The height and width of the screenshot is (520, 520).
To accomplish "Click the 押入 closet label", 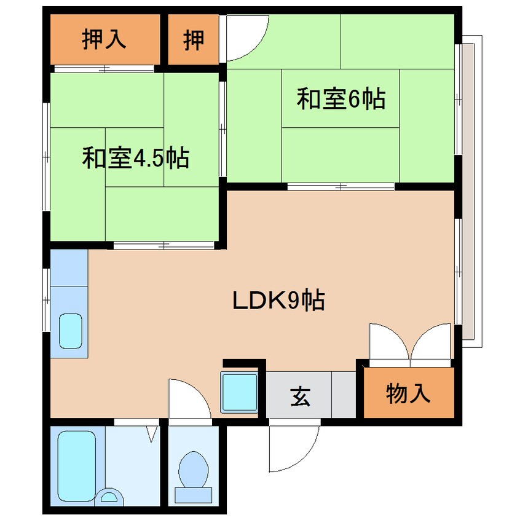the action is click(x=104, y=39).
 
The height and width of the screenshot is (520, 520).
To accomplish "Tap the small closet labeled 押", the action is click(x=194, y=39).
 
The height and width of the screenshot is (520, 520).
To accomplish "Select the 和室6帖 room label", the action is click(x=341, y=98).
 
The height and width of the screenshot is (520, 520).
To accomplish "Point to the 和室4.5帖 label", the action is click(x=136, y=157).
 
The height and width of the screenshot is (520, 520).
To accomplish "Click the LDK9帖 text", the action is click(x=278, y=300).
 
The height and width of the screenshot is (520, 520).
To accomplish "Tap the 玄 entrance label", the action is click(x=300, y=396).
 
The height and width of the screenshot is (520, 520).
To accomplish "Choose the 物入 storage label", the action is click(x=408, y=393).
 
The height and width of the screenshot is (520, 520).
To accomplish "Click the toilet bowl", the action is click(x=194, y=477).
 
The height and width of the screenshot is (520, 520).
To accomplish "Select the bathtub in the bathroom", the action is click(x=77, y=466).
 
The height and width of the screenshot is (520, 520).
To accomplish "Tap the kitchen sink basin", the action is click(x=70, y=331).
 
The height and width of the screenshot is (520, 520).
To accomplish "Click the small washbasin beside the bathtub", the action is click(x=109, y=497).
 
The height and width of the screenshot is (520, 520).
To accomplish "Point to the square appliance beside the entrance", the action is click(x=240, y=392).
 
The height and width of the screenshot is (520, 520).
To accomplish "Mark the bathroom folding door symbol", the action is click(x=152, y=434).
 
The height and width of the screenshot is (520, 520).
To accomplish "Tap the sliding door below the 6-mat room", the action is click(x=341, y=186).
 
